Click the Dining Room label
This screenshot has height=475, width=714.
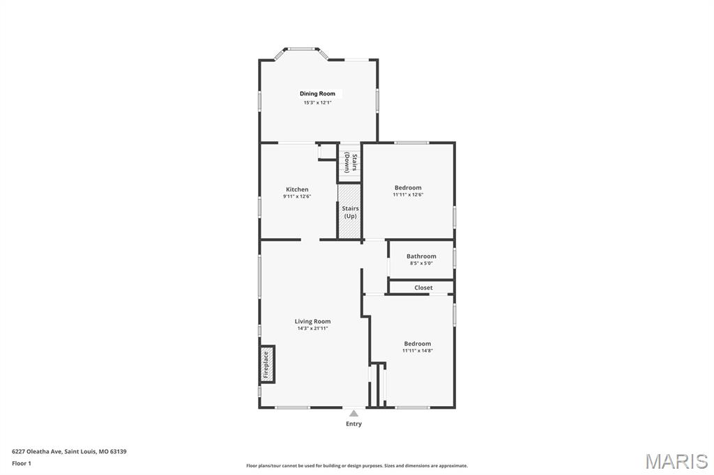[317, 93]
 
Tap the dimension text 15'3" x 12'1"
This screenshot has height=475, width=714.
[317, 102]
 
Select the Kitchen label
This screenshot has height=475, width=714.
[297, 189]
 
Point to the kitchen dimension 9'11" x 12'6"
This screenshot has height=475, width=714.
[297, 196]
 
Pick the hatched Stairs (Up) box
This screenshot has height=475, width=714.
[349, 212]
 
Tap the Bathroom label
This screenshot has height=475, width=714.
[421, 256]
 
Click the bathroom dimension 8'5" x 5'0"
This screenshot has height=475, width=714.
[421, 263]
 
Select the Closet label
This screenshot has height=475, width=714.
[423, 288]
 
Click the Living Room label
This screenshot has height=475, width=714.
[312, 321]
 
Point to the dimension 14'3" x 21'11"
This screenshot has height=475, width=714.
[312, 328]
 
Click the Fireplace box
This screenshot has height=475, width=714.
[267, 364]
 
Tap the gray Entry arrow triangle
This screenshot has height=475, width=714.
[354, 414]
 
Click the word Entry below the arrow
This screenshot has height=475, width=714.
[354, 423]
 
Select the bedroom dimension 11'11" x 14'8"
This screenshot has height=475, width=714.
[418, 350]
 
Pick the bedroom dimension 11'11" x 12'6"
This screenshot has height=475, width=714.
[408, 195]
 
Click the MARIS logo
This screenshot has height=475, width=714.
[676, 461]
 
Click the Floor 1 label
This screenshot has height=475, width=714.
[22, 462]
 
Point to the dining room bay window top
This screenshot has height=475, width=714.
[301, 49]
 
